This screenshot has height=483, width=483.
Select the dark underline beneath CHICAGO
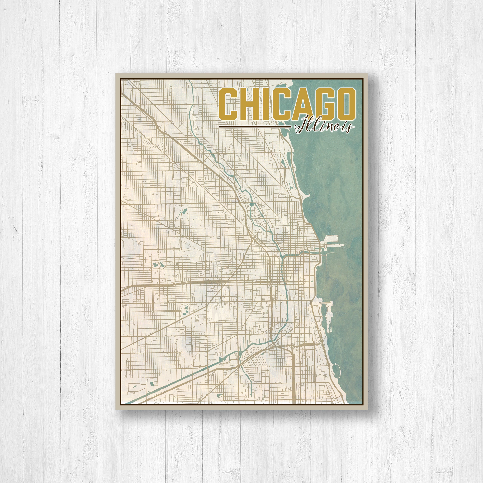[255, 127]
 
